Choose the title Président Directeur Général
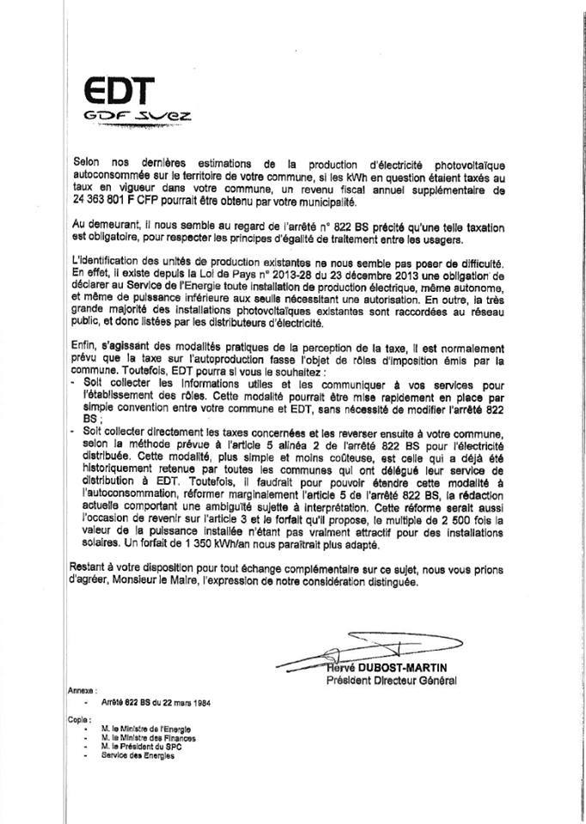tap(391, 681)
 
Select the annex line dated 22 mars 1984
tap(156, 701)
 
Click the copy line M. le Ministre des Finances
tap(148, 737)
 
